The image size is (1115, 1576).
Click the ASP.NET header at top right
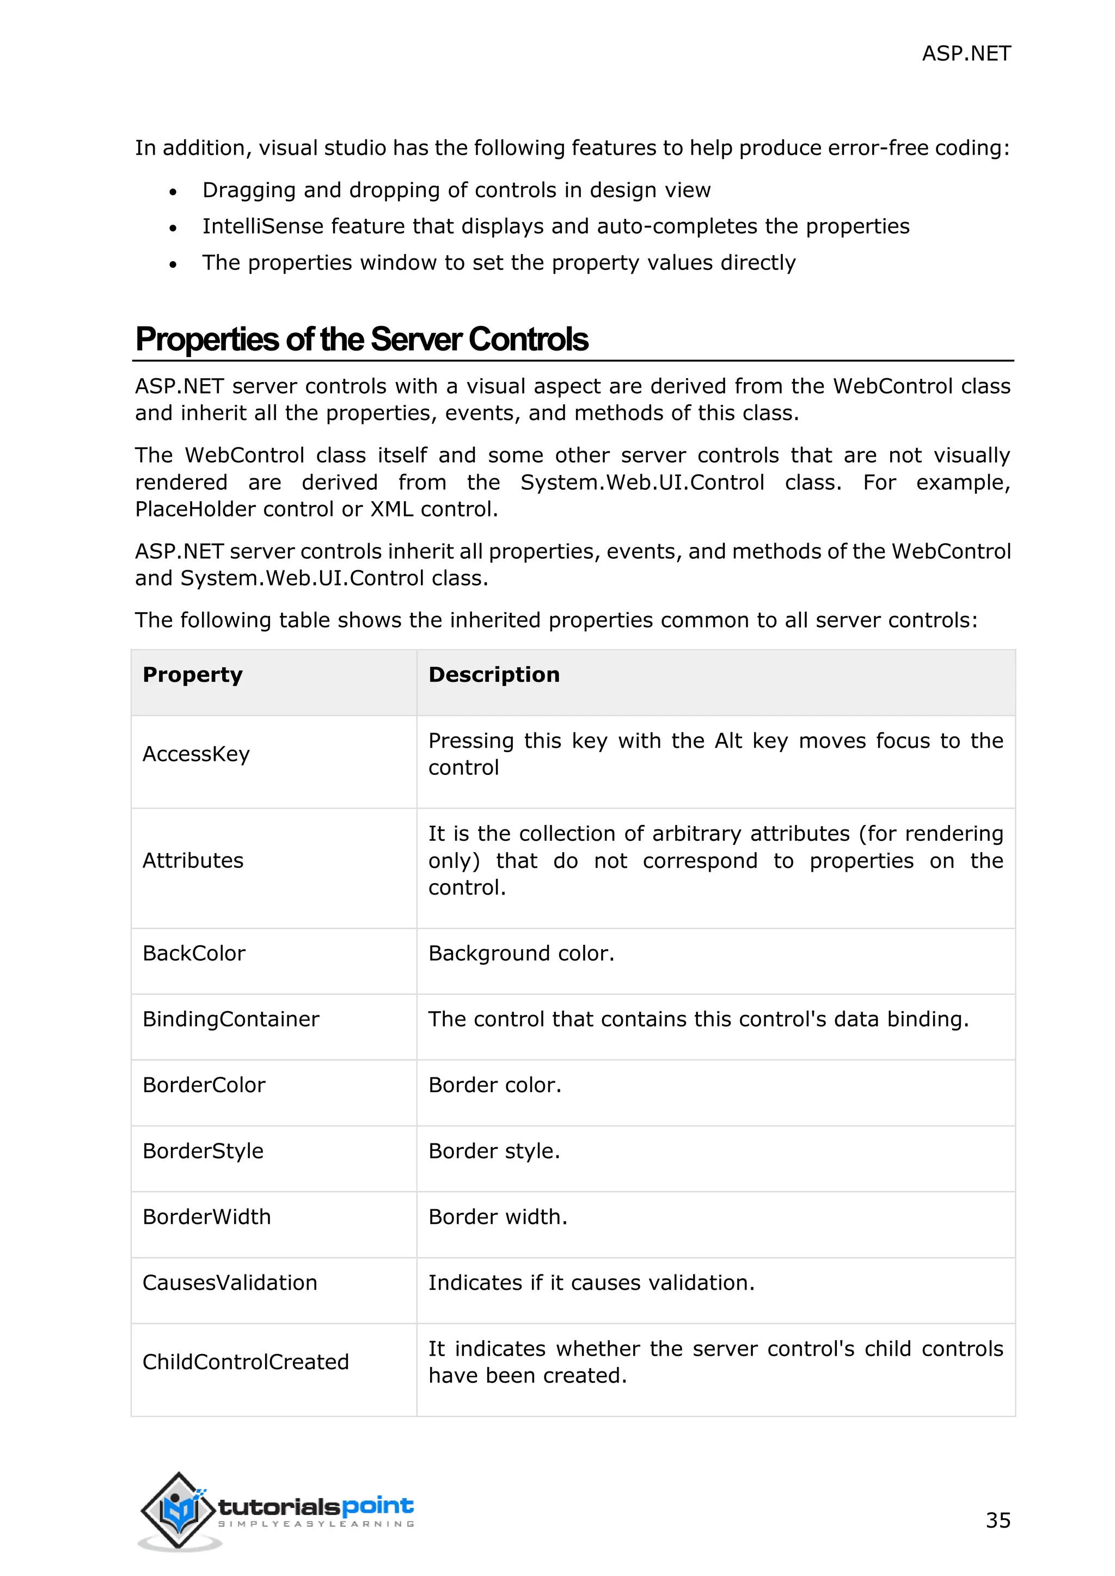point(965,53)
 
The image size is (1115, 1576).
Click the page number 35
point(997,1520)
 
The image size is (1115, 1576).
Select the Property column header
point(192,675)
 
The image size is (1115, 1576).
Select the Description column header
point(494,675)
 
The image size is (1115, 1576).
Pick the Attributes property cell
point(193,861)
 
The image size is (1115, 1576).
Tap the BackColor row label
point(194,953)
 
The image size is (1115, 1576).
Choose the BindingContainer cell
point(231,1019)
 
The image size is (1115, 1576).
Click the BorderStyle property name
point(203,1151)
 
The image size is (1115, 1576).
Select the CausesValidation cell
point(229,1283)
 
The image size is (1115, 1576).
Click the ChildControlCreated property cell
point(245,1362)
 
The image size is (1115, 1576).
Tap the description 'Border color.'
point(494,1085)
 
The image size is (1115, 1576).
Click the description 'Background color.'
point(520,953)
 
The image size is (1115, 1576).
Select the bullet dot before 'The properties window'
point(173,264)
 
